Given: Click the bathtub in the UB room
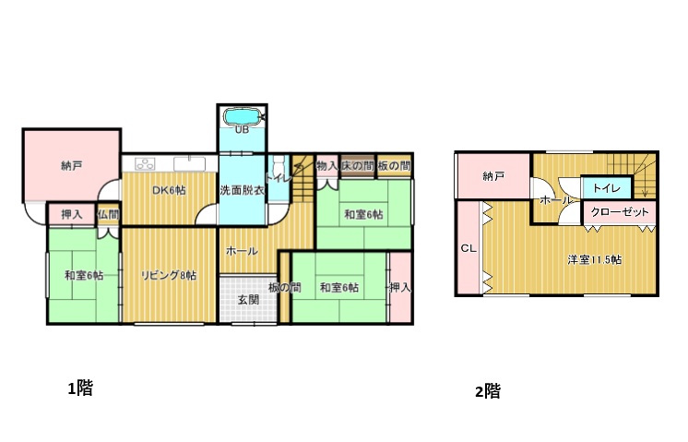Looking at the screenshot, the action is (243, 117).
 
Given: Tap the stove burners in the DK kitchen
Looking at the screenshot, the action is (145, 163).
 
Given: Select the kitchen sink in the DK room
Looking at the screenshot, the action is (190, 163).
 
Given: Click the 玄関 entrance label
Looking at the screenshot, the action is (248, 300).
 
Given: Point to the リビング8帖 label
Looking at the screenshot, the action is (168, 275).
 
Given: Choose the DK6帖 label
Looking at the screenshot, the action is (169, 190).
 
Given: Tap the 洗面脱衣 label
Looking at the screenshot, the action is (242, 190).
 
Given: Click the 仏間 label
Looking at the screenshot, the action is (108, 215).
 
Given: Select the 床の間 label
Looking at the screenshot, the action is (358, 166).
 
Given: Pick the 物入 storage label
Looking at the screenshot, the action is (326, 166).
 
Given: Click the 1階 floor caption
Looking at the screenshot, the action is (80, 388).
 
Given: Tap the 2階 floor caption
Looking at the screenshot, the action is (488, 390).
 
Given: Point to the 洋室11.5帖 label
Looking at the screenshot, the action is (594, 259).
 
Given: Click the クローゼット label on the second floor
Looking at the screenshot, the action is (620, 212).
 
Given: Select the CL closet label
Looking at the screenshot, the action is (469, 248).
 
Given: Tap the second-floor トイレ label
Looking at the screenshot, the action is (607, 188).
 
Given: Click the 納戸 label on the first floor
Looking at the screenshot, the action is (72, 166).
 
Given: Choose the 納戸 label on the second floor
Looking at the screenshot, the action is (493, 176).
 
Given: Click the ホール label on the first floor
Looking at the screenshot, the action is (242, 251).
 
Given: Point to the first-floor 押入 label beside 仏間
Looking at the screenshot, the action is (72, 215).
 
